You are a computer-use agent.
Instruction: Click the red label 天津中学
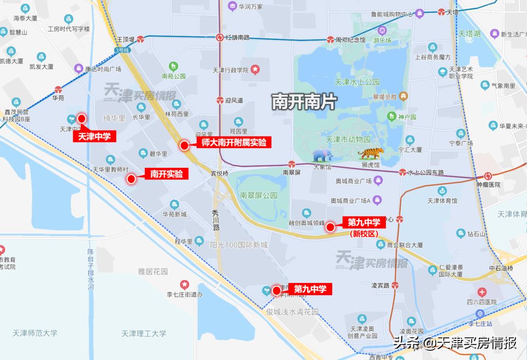pyautogui.click(x=95, y=137)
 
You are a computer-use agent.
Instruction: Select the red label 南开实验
pyautogui.click(x=166, y=174)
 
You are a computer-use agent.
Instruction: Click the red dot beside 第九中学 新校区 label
pyautogui.click(x=330, y=227)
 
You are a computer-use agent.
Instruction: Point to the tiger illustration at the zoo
pyautogui.click(x=371, y=153)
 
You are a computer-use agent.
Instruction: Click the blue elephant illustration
pyautogui.click(x=323, y=156)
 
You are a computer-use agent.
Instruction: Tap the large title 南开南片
pyautogui.click(x=304, y=102)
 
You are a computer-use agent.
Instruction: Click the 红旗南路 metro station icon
pyautogui.click(x=220, y=37)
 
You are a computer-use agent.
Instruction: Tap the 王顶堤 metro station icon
pyautogui.click(x=141, y=39)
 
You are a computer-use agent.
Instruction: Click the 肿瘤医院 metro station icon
pyautogui.click(x=487, y=176)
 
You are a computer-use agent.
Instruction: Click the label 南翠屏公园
pyautogui.click(x=258, y=195)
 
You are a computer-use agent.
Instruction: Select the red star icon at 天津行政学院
pyautogui.click(x=255, y=70)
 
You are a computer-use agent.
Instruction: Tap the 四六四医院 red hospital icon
pyautogui.click(x=482, y=292)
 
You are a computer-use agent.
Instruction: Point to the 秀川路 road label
pyautogui.click(x=216, y=220)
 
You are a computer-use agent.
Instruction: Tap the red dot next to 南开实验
pyautogui.click(x=131, y=179)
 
